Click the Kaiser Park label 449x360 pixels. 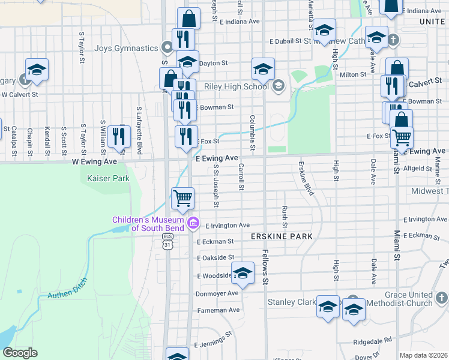tap(108, 178)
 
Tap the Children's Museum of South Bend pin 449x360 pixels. tap(193, 224)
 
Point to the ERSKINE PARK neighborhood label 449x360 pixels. tap(282, 236)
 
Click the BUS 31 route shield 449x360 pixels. tap(167, 241)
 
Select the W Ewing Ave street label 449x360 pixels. tap(94, 161)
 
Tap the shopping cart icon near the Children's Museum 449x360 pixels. tap(182, 197)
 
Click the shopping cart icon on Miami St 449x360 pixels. tap(402, 137)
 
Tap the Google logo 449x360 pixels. tap(20, 353)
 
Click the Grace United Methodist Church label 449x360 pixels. tap(409, 299)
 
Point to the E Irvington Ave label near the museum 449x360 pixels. tap(228, 226)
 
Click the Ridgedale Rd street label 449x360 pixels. tap(373, 340)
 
